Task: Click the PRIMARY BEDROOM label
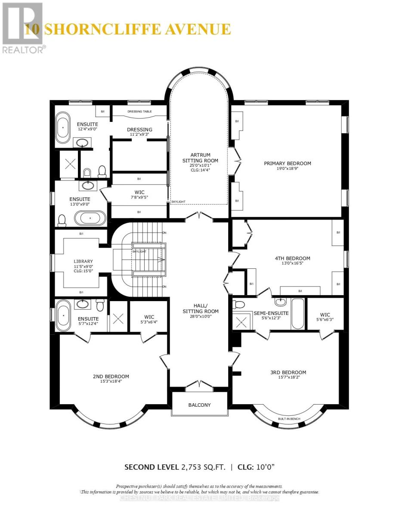pyautogui.click(x=287, y=163)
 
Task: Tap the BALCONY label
pyautogui.click(x=200, y=405)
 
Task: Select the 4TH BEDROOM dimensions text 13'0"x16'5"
pyautogui.click(x=292, y=264)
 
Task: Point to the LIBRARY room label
pyautogui.click(x=83, y=262)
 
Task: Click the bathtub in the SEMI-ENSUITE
pyautogui.click(x=297, y=314)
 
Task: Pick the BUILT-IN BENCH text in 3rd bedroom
pyautogui.click(x=289, y=419)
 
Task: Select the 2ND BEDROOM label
pyautogui.click(x=111, y=376)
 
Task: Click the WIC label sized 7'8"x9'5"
pyautogui.click(x=139, y=192)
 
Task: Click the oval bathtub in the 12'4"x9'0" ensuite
pyautogui.click(x=63, y=128)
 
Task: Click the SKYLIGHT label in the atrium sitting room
pyautogui.click(x=178, y=201)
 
